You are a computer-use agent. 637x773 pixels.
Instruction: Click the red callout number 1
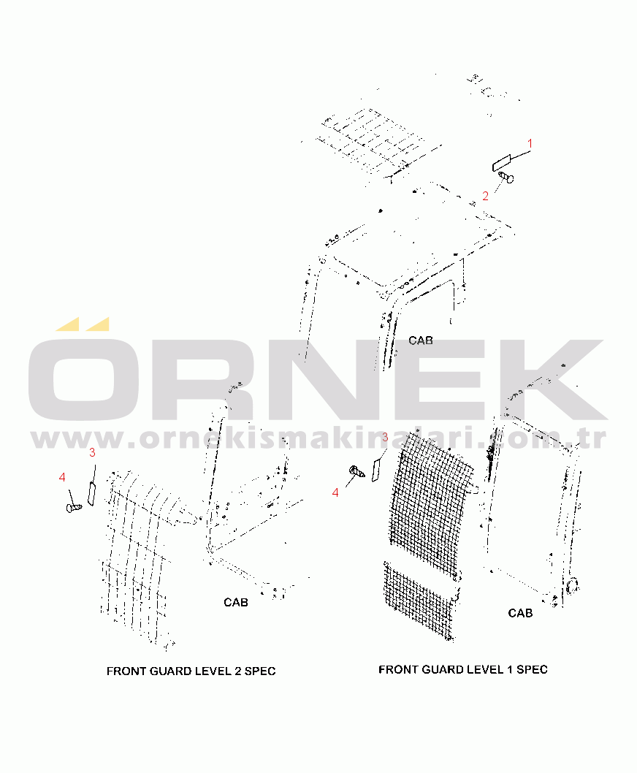530,143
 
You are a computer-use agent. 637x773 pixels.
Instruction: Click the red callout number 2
485,197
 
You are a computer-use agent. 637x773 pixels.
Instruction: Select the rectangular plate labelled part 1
502,163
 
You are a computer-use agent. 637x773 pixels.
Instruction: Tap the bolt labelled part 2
506,177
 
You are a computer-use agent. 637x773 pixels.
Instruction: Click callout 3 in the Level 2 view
92,452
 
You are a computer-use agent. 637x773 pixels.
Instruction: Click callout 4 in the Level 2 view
62,477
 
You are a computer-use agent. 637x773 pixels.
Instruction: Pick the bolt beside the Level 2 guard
74,507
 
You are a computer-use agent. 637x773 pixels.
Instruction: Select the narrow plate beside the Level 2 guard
91,494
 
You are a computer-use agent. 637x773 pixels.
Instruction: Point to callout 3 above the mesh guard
385,437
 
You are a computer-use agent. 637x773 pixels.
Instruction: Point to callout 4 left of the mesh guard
335,492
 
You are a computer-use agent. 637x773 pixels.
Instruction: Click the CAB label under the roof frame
421,340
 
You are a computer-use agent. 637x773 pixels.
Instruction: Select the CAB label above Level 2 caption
236,603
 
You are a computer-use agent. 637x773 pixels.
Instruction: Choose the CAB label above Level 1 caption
520,613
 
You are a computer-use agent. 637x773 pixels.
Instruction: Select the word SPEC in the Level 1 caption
532,669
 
